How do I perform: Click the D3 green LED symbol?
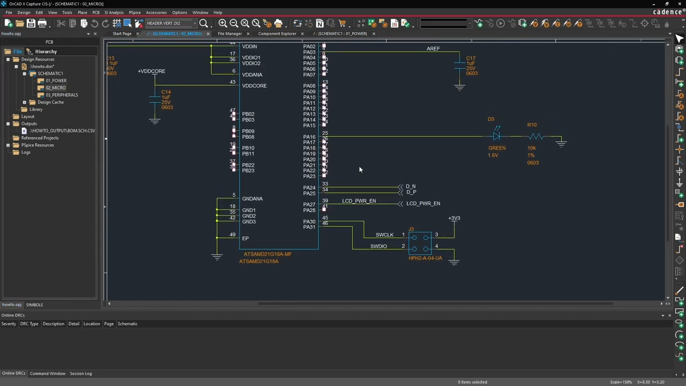pyautogui.click(x=496, y=137)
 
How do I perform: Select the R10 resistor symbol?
pyautogui.click(x=536, y=137)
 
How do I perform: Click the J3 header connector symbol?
pyautogui.click(x=420, y=243)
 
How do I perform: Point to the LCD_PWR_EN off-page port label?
pyautogui.click(x=423, y=204)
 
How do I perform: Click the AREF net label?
pyautogui.click(x=433, y=49)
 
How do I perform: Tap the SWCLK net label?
pyautogui.click(x=384, y=235)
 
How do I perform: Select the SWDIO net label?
pyautogui.click(x=378, y=247)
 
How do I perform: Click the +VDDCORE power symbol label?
pyautogui.click(x=152, y=71)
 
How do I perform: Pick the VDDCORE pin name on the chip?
pyautogui.click(x=254, y=86)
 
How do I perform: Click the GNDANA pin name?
pyautogui.click(x=252, y=199)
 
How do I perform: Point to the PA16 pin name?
pyautogui.click(x=309, y=137)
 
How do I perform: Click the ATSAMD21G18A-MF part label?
pyautogui.click(x=267, y=254)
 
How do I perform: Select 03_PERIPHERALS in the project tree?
pyautogui.click(x=62, y=95)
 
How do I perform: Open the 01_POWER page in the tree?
pyautogui.click(x=56, y=81)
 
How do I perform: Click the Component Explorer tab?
pyautogui.click(x=277, y=34)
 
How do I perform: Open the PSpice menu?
pyautogui.click(x=135, y=12)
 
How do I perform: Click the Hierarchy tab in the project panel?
pyautogui.click(x=46, y=51)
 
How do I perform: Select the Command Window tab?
pyautogui.click(x=48, y=374)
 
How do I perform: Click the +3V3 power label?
pyautogui.click(x=454, y=218)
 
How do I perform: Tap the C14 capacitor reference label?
pyautogui.click(x=166, y=92)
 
